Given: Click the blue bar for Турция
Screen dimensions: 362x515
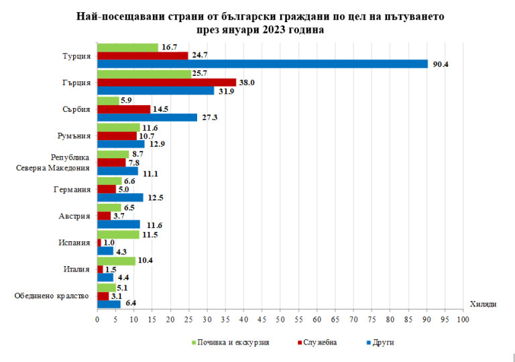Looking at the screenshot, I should (262, 64).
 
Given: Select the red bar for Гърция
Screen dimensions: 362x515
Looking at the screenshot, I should (166, 82).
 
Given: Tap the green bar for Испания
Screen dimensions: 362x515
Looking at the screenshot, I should (118, 235).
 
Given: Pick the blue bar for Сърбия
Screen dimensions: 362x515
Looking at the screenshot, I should (147, 117).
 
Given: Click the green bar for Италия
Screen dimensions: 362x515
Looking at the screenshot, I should (116, 261).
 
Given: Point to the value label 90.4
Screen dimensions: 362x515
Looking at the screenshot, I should (440, 64).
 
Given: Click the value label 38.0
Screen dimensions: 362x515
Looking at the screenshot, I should (247, 82).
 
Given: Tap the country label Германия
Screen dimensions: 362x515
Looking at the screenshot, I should (72, 189).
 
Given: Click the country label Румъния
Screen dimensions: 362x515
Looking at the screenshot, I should (74, 135).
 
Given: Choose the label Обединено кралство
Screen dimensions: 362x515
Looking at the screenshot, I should (51, 296).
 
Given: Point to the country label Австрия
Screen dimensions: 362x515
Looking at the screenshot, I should (74, 216).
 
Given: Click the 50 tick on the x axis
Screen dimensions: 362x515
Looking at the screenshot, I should (280, 320).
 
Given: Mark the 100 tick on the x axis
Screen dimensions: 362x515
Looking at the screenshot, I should (462, 320).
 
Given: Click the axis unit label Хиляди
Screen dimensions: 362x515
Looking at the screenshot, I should (483, 304).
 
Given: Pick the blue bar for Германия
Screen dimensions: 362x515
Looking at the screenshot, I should (120, 198).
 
